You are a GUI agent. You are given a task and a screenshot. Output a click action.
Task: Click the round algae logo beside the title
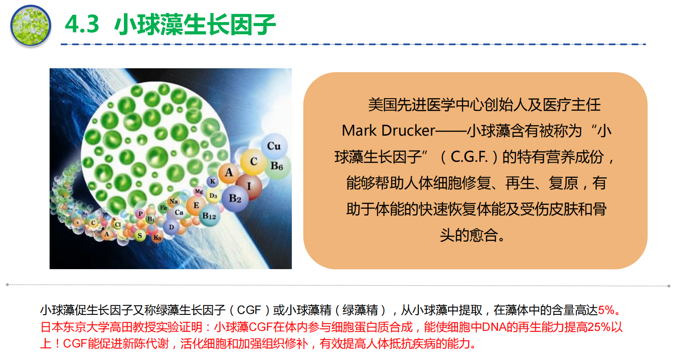[x=31, y=26]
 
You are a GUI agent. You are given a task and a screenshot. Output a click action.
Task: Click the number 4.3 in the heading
[x=82, y=24]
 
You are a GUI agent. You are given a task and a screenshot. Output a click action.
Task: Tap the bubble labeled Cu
[x=274, y=146]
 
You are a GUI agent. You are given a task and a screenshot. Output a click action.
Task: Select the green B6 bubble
[x=277, y=166]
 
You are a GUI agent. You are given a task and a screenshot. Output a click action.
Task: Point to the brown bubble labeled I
[x=249, y=187]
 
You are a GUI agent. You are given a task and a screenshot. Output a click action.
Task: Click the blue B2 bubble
[x=235, y=199]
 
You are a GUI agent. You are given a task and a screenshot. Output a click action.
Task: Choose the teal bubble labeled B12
[x=209, y=216]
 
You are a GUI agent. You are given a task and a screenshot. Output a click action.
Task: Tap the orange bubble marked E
[x=196, y=206]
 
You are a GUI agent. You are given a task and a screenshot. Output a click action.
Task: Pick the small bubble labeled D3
[x=214, y=196]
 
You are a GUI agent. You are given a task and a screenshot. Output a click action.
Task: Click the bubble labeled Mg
[x=199, y=191]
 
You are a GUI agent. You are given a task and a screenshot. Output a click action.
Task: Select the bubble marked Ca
[x=179, y=213]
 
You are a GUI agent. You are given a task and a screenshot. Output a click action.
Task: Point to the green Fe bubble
[x=164, y=208]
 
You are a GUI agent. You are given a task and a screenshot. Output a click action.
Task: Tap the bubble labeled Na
[x=174, y=201]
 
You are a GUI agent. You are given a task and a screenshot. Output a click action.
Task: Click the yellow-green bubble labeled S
[x=140, y=236]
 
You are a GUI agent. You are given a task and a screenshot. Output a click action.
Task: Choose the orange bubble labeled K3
[x=157, y=238]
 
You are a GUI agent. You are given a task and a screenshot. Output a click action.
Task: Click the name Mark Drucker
[x=388, y=131]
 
